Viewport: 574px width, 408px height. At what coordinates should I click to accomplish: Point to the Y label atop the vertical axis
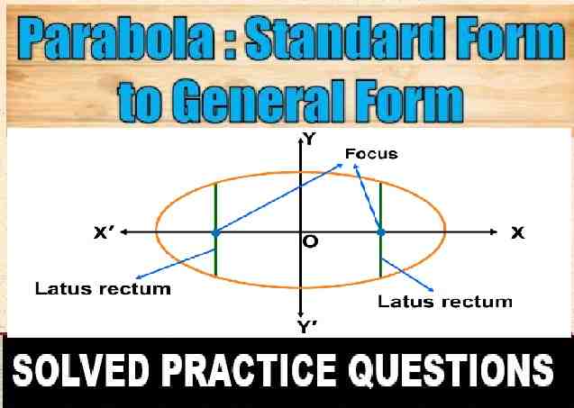pos(309,140)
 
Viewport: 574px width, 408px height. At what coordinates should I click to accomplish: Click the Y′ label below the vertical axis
pos(307,328)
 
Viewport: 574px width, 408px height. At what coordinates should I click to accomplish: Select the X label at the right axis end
pos(517,232)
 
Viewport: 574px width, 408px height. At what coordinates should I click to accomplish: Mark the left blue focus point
pos(215,232)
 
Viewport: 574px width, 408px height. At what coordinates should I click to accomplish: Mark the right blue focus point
pos(381,232)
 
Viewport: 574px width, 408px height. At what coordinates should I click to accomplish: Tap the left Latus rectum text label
pos(103,289)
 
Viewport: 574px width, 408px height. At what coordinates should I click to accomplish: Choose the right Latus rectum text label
pos(445,300)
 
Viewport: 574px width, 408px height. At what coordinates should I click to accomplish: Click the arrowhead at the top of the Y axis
pos(299,139)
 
